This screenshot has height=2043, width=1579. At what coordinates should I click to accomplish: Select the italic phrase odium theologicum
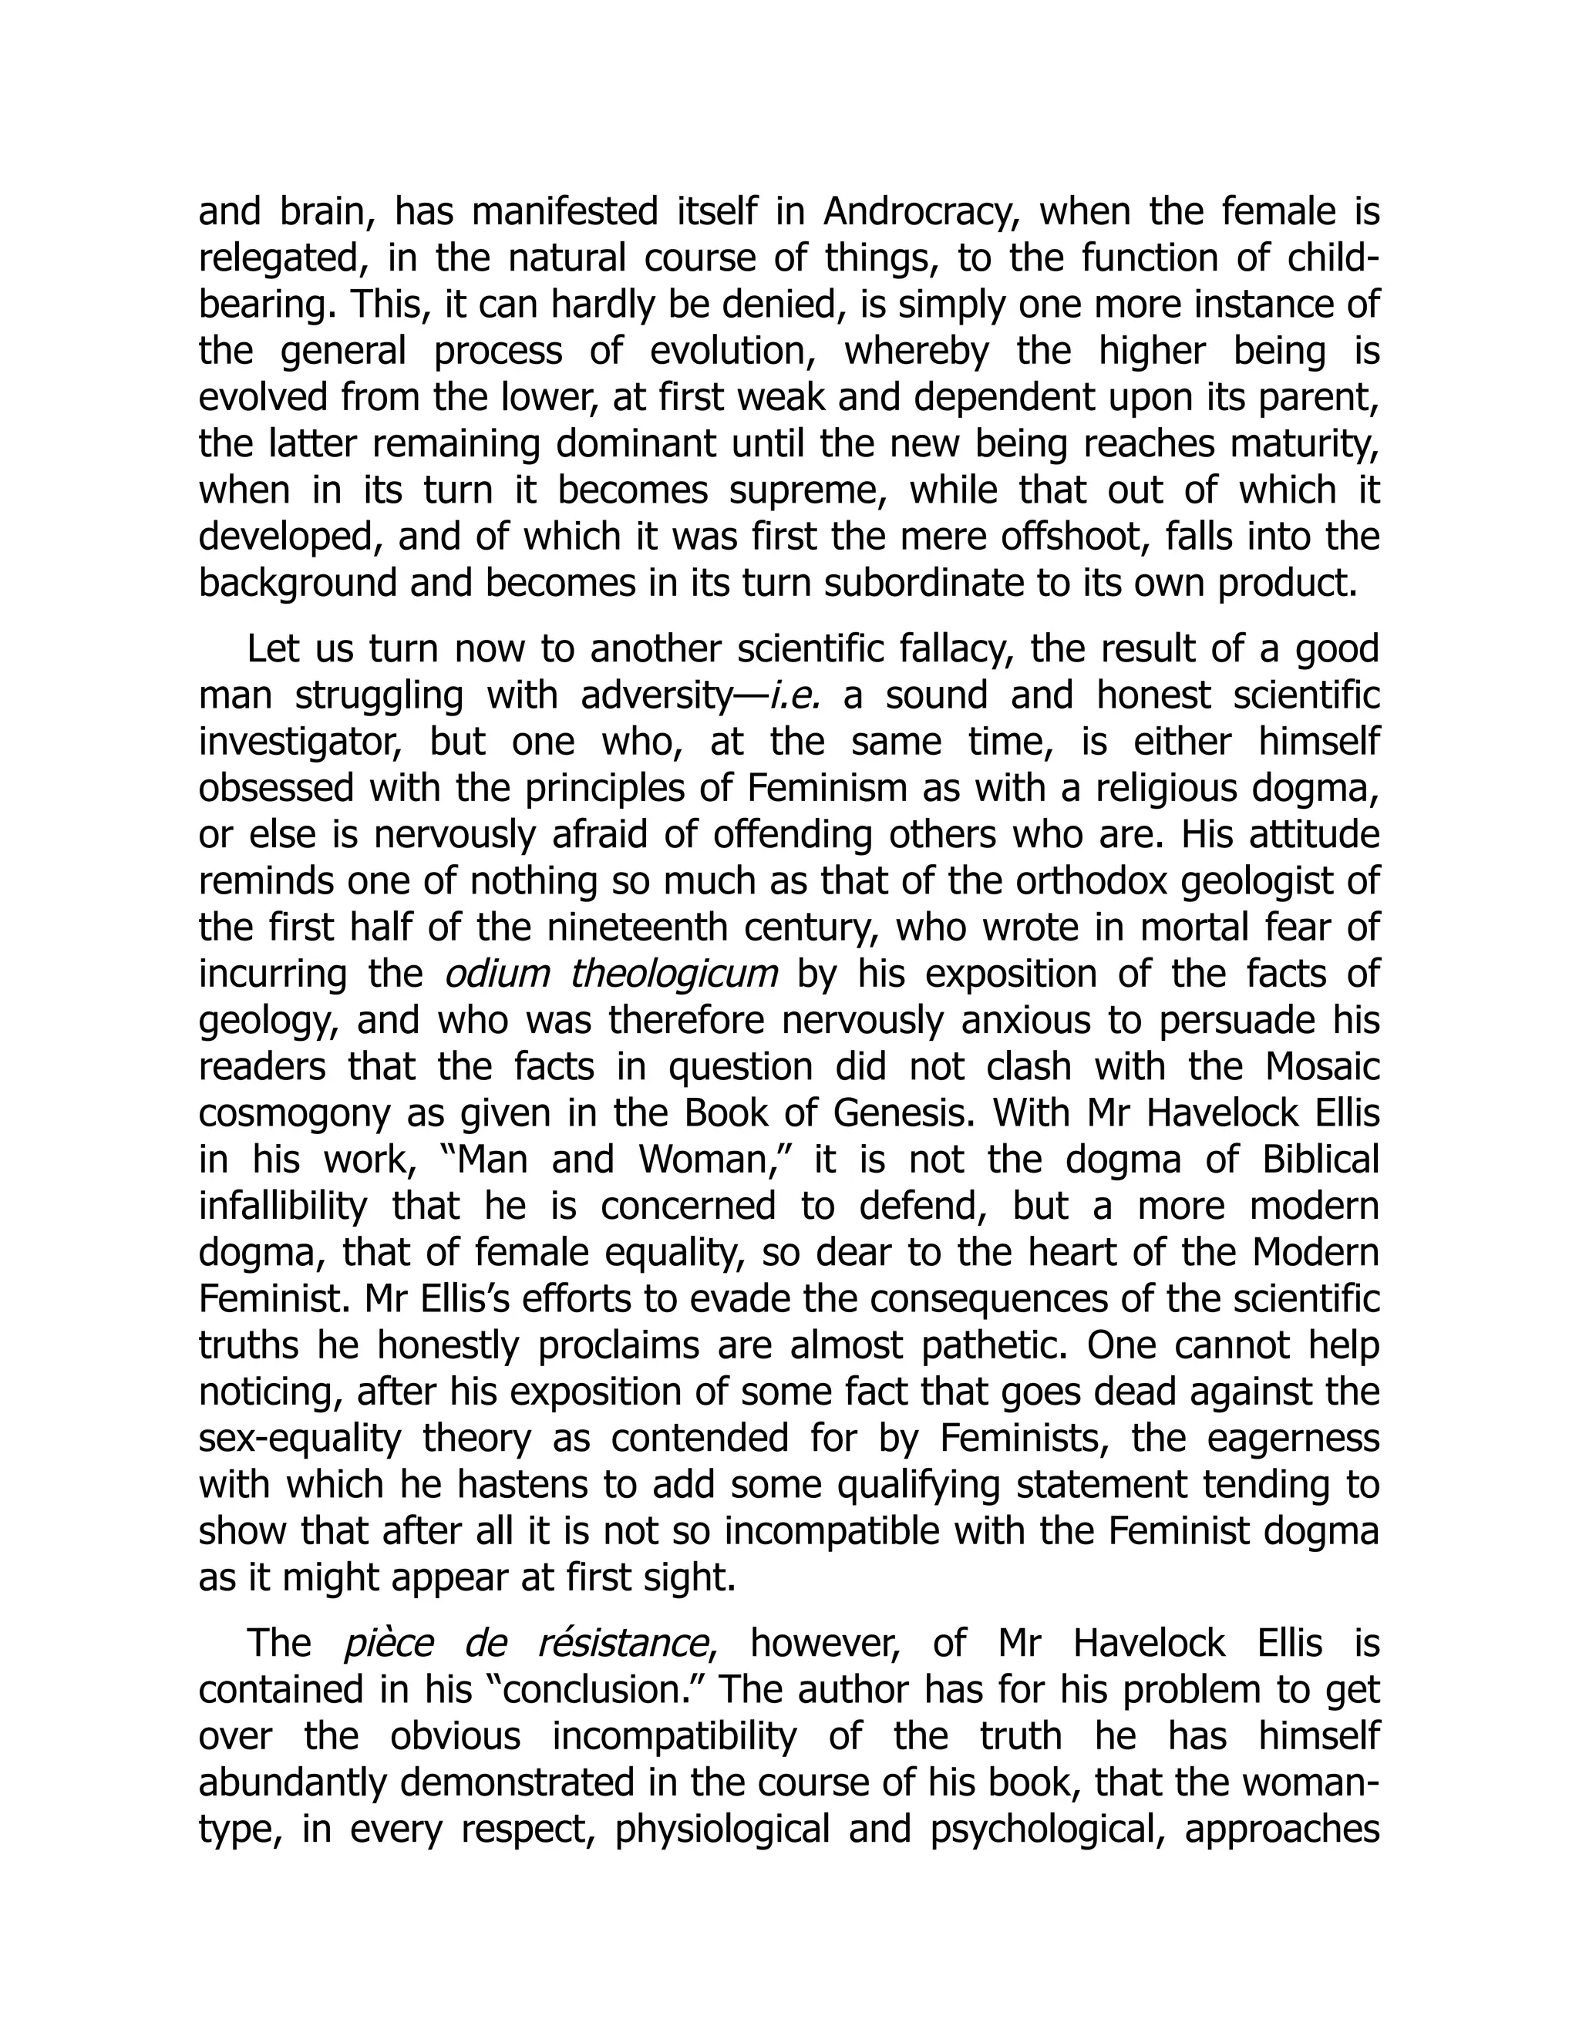611,974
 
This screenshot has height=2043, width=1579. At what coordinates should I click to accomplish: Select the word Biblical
1320,1160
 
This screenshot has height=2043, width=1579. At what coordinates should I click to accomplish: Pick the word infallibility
282,1206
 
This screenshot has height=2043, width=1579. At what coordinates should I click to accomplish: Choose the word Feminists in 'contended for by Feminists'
1023,1438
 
